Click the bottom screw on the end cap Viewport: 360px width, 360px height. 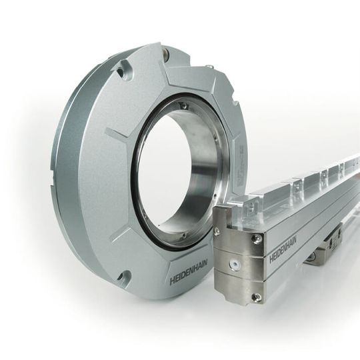tap(256, 297)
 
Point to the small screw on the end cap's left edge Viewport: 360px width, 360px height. tap(217, 232)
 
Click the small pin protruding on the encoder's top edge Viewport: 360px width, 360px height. tap(209, 67)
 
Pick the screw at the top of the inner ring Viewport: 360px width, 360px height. tap(183, 105)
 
